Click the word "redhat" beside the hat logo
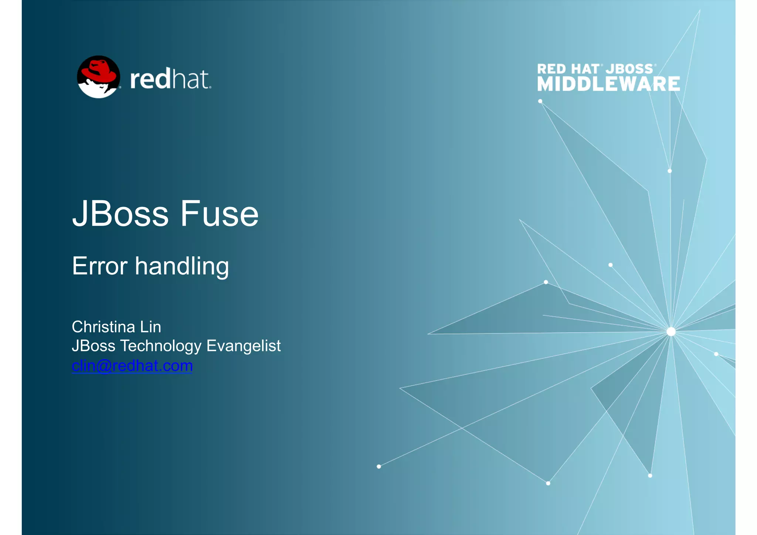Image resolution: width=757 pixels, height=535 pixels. pos(170,79)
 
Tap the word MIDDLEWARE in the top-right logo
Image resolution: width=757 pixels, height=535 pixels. pos(608,84)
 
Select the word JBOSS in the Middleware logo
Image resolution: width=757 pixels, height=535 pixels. pos(629,69)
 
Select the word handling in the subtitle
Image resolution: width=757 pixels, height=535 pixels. pos(182,267)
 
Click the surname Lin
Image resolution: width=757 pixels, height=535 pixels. pos(150,327)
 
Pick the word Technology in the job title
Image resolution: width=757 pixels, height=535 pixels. pos(161,346)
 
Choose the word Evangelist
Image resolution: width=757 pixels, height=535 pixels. pos(244,346)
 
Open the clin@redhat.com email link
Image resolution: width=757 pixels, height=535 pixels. pos(132,366)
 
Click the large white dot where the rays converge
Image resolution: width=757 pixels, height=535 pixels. pos(671,331)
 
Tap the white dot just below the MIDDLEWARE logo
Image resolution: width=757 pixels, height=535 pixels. pos(540,101)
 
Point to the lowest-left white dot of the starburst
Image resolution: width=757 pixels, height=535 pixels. pos(378,467)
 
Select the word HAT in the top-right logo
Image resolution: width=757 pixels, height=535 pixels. pos(585,69)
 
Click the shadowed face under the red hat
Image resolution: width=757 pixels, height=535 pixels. pos(97,88)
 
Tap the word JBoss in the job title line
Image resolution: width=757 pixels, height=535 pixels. pos(94,346)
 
